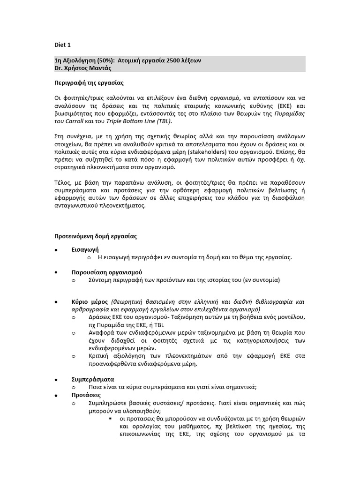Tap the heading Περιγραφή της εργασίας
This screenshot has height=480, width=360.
(89, 82)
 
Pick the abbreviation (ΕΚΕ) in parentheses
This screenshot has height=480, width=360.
(282, 105)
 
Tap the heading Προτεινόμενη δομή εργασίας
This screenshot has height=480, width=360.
(95, 236)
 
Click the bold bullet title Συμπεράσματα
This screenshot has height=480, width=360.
(92, 379)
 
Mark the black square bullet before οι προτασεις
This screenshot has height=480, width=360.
(110, 418)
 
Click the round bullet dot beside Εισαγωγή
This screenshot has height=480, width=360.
(56, 250)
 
